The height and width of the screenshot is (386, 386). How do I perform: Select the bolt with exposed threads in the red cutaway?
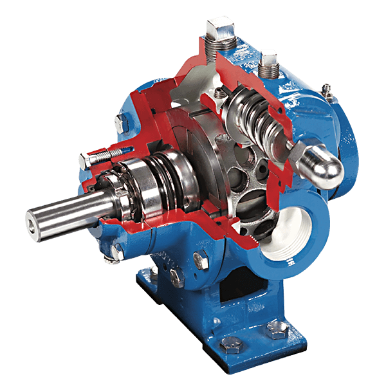[x=96, y=155]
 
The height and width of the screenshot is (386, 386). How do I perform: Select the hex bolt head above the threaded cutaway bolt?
[x=119, y=122]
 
